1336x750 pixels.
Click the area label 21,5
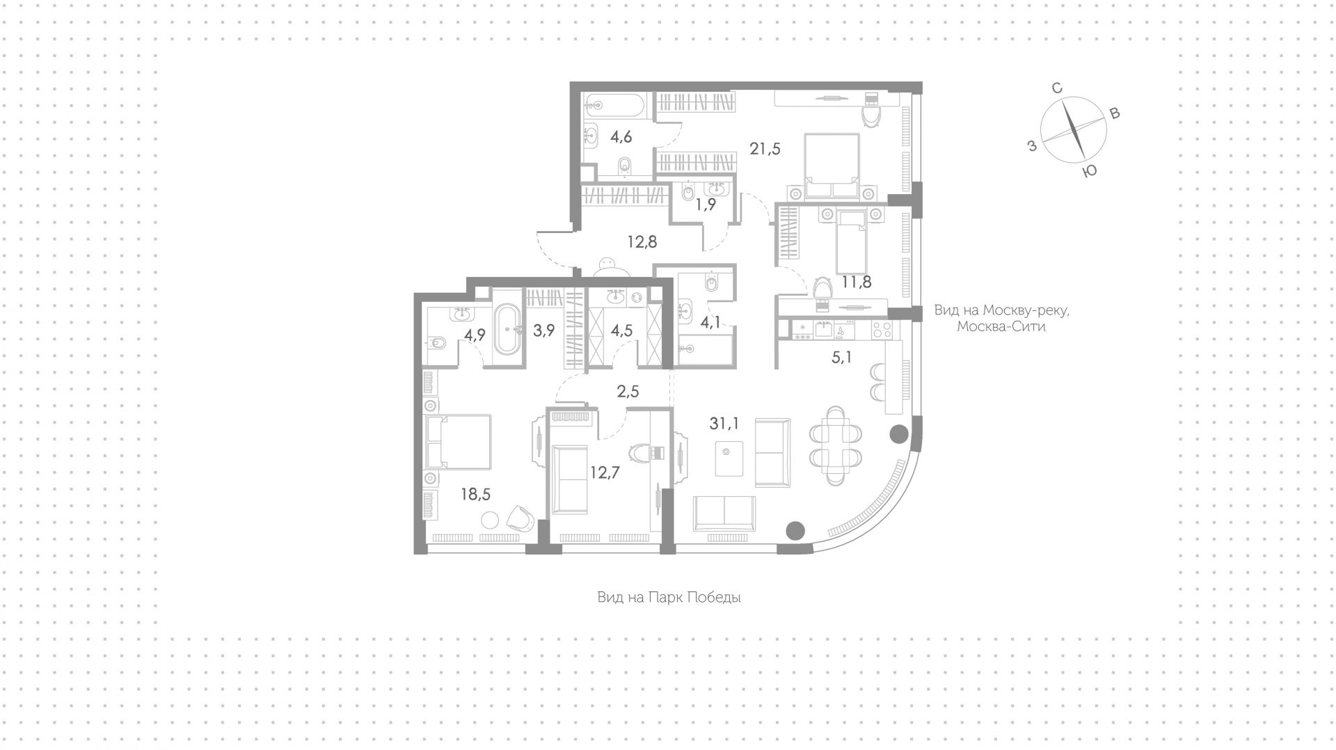pyautogui.click(x=765, y=148)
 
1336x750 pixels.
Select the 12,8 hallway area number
pyautogui.click(x=642, y=242)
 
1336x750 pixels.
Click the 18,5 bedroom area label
pyautogui.click(x=475, y=494)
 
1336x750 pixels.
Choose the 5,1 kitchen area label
pyautogui.click(x=841, y=358)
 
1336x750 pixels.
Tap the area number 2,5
pyautogui.click(x=628, y=392)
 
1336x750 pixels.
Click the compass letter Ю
pyautogui.click(x=1090, y=170)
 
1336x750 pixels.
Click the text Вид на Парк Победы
pyautogui.click(x=669, y=597)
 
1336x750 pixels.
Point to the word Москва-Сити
pyautogui.click(x=1001, y=326)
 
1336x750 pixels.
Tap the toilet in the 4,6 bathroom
pyautogui.click(x=624, y=166)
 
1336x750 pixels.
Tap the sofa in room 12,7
pyautogui.click(x=570, y=479)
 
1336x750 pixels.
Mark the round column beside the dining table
pyautogui.click(x=899, y=434)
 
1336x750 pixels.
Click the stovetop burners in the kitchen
pyautogui.click(x=882, y=330)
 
